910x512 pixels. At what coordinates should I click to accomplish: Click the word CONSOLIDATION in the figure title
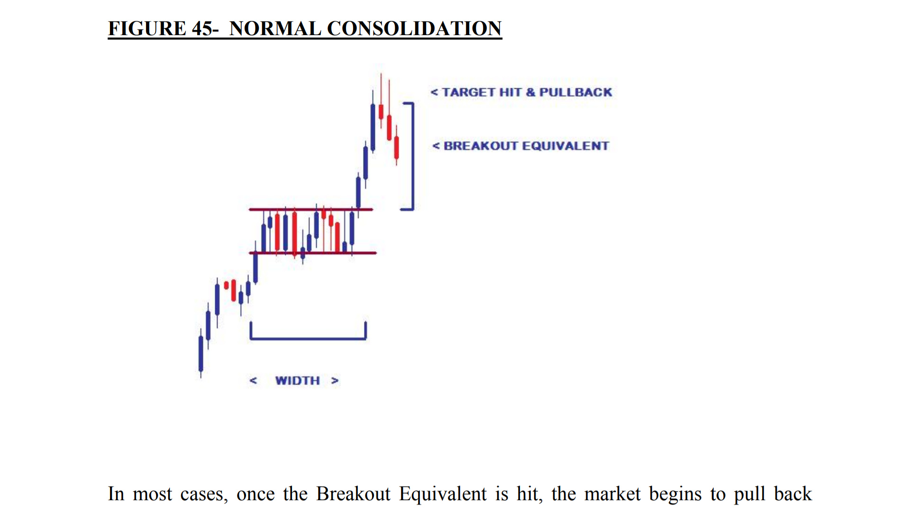(x=414, y=28)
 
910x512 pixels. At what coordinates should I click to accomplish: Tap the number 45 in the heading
(x=202, y=28)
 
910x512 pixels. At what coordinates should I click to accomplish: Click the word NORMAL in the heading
(x=275, y=28)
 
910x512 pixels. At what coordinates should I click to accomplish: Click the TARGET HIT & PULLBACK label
(x=521, y=92)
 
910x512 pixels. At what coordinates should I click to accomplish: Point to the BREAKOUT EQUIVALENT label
(x=521, y=146)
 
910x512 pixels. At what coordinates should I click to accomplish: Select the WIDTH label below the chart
(x=298, y=381)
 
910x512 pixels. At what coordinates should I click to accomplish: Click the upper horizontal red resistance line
(x=311, y=209)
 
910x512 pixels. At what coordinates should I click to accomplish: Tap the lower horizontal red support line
(x=313, y=253)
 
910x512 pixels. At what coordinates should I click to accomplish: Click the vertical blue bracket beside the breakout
(x=413, y=156)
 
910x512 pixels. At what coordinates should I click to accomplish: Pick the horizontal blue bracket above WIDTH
(x=308, y=338)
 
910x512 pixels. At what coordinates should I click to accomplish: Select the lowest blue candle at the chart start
(x=201, y=353)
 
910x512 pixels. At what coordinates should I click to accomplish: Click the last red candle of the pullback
(x=397, y=147)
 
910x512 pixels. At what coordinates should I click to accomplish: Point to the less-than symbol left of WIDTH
(x=253, y=381)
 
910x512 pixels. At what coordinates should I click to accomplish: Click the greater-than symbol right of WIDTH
(x=335, y=381)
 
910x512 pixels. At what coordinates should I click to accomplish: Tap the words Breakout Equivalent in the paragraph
(x=401, y=494)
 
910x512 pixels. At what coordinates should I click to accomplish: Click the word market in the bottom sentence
(x=612, y=494)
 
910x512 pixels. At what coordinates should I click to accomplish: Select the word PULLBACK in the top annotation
(x=576, y=92)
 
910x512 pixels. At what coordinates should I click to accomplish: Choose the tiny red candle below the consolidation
(x=227, y=285)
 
